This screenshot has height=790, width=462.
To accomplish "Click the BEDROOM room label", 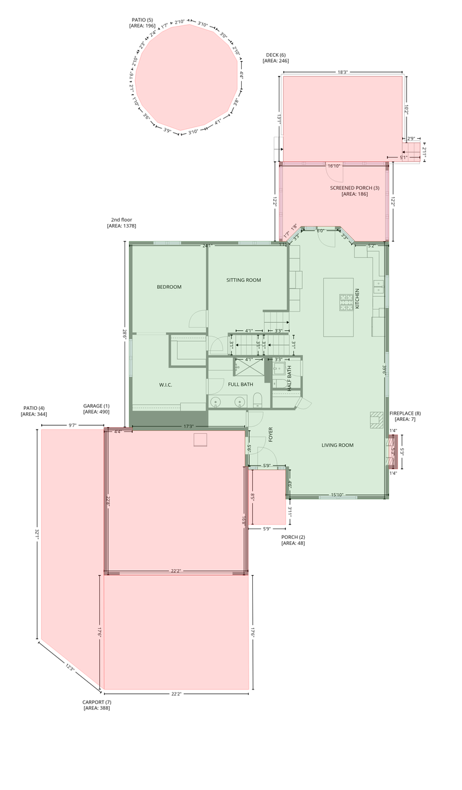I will pos(169,287).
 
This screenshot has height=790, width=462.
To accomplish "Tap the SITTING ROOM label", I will pos(243,280).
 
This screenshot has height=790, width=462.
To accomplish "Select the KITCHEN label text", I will pos(357,299).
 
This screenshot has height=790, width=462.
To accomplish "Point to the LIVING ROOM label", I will pos(337,445).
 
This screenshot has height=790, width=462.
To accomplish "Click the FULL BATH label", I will pos(241,385).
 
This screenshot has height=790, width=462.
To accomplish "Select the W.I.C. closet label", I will pos(165,385).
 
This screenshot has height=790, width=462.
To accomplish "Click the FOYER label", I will pos(270,435).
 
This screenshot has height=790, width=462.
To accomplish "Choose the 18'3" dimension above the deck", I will pos(343,72).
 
